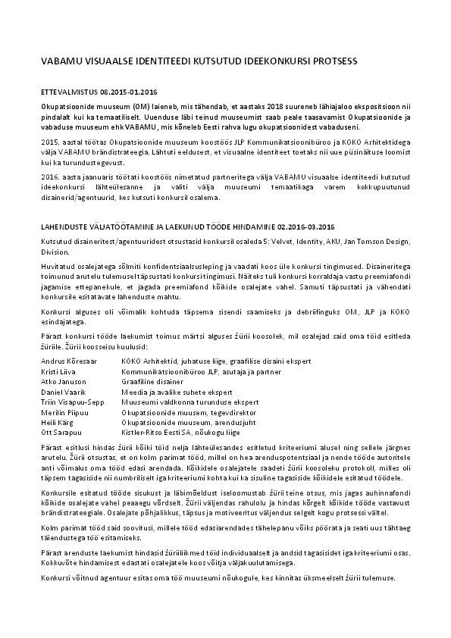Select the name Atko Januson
(61, 381)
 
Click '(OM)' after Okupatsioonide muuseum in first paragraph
(132, 107)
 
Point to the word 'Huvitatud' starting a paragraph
(57, 265)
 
